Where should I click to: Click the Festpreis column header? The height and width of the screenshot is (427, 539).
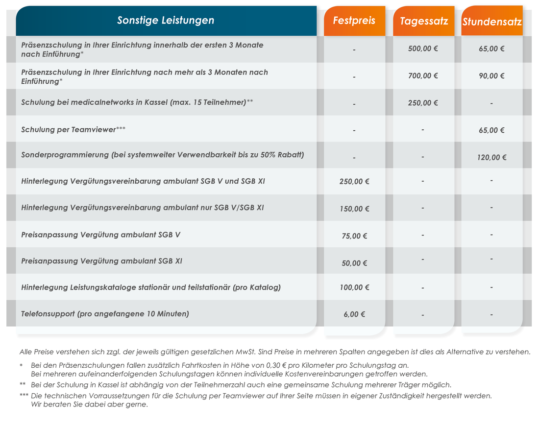pos(354,21)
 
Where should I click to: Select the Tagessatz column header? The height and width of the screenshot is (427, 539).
pos(424,21)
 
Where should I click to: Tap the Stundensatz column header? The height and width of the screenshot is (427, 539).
pos(492,22)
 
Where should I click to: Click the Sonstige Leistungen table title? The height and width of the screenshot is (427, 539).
pos(166,20)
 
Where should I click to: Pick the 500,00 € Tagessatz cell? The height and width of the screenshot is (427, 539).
pos(423,48)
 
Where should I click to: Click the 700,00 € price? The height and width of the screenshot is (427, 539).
pos(423,75)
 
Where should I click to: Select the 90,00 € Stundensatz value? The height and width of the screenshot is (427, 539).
pos(491,75)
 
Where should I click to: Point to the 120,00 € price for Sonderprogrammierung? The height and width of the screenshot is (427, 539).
pos(491,157)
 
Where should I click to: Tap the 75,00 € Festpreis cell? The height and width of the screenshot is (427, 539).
pos(354,236)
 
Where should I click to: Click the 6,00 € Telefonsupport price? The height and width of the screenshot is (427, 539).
pos(354,314)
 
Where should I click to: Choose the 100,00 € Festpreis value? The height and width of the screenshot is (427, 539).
pos(354,287)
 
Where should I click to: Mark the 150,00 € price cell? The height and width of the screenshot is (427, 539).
pos(354,209)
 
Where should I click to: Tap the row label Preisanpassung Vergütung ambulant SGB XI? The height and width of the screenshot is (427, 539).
pos(102,261)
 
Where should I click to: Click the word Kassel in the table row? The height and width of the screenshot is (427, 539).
pos(156,102)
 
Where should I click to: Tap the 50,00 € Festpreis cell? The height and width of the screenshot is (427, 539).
pos(354,263)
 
